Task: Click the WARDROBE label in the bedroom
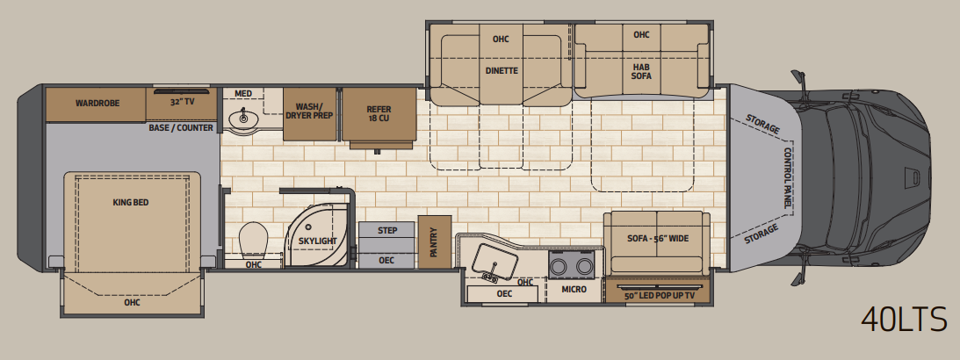coord(97,103)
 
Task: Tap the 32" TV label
coord(182,102)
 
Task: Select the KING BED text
coord(130,202)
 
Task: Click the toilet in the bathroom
coord(254,240)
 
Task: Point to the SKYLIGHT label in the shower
coord(318,241)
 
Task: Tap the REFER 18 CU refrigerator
coord(379,115)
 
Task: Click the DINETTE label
coord(502,70)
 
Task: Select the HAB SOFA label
coord(642,71)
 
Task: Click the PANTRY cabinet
coord(435,241)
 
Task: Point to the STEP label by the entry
coord(387,230)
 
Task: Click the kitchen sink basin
coord(495,260)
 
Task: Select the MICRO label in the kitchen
coord(574,289)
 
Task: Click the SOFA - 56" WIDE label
coord(658,238)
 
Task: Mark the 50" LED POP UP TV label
coord(660,296)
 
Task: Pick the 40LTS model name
coord(904,319)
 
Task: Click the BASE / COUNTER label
coord(181,128)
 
